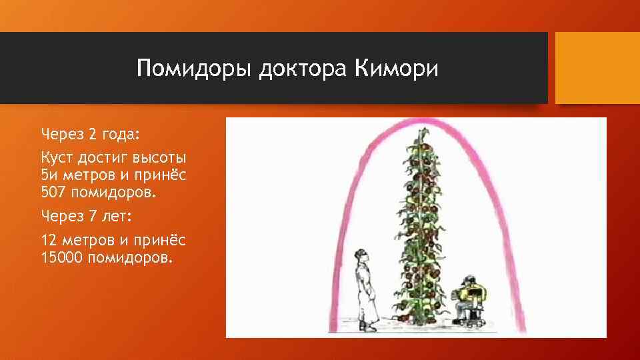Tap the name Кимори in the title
pos(397,69)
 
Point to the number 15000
pos(61,257)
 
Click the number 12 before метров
pos(49,240)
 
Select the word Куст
pos(58,159)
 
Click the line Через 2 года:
pos(91,134)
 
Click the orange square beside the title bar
pos(597,68)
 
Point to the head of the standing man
pos(362,255)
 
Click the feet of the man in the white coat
pos(367,327)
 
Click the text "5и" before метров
pos(49,176)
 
